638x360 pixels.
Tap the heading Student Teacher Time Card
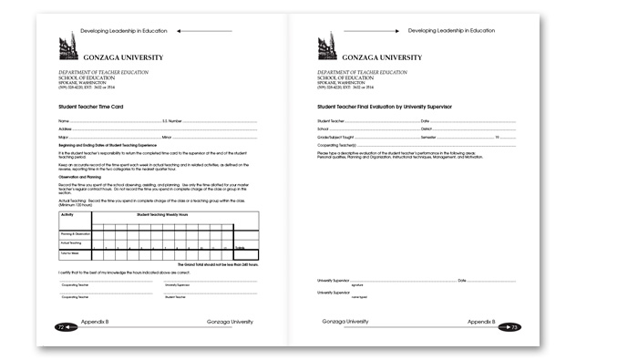point(91,107)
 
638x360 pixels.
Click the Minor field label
point(167,137)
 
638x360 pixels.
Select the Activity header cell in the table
point(67,214)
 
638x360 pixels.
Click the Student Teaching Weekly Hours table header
point(161,214)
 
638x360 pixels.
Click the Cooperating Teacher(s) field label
point(336,145)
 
